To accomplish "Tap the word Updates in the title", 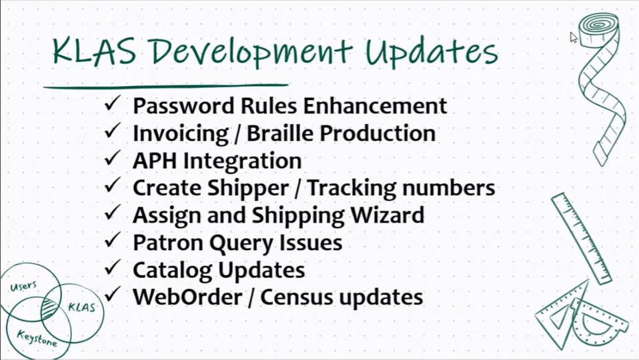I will (432, 53).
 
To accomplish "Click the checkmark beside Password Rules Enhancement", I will (111, 105).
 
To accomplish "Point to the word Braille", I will (281, 133).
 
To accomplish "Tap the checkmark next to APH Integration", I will (111, 159).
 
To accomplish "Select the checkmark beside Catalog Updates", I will (111, 269).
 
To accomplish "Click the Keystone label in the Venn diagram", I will (37, 337).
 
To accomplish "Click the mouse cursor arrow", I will (573, 37).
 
